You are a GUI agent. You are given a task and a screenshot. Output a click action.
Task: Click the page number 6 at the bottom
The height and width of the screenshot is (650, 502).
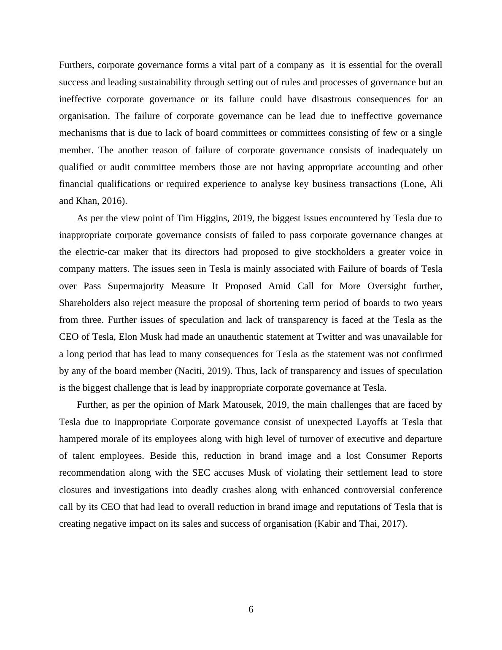251,609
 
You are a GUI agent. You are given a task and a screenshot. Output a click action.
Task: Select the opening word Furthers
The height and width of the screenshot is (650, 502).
77,65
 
